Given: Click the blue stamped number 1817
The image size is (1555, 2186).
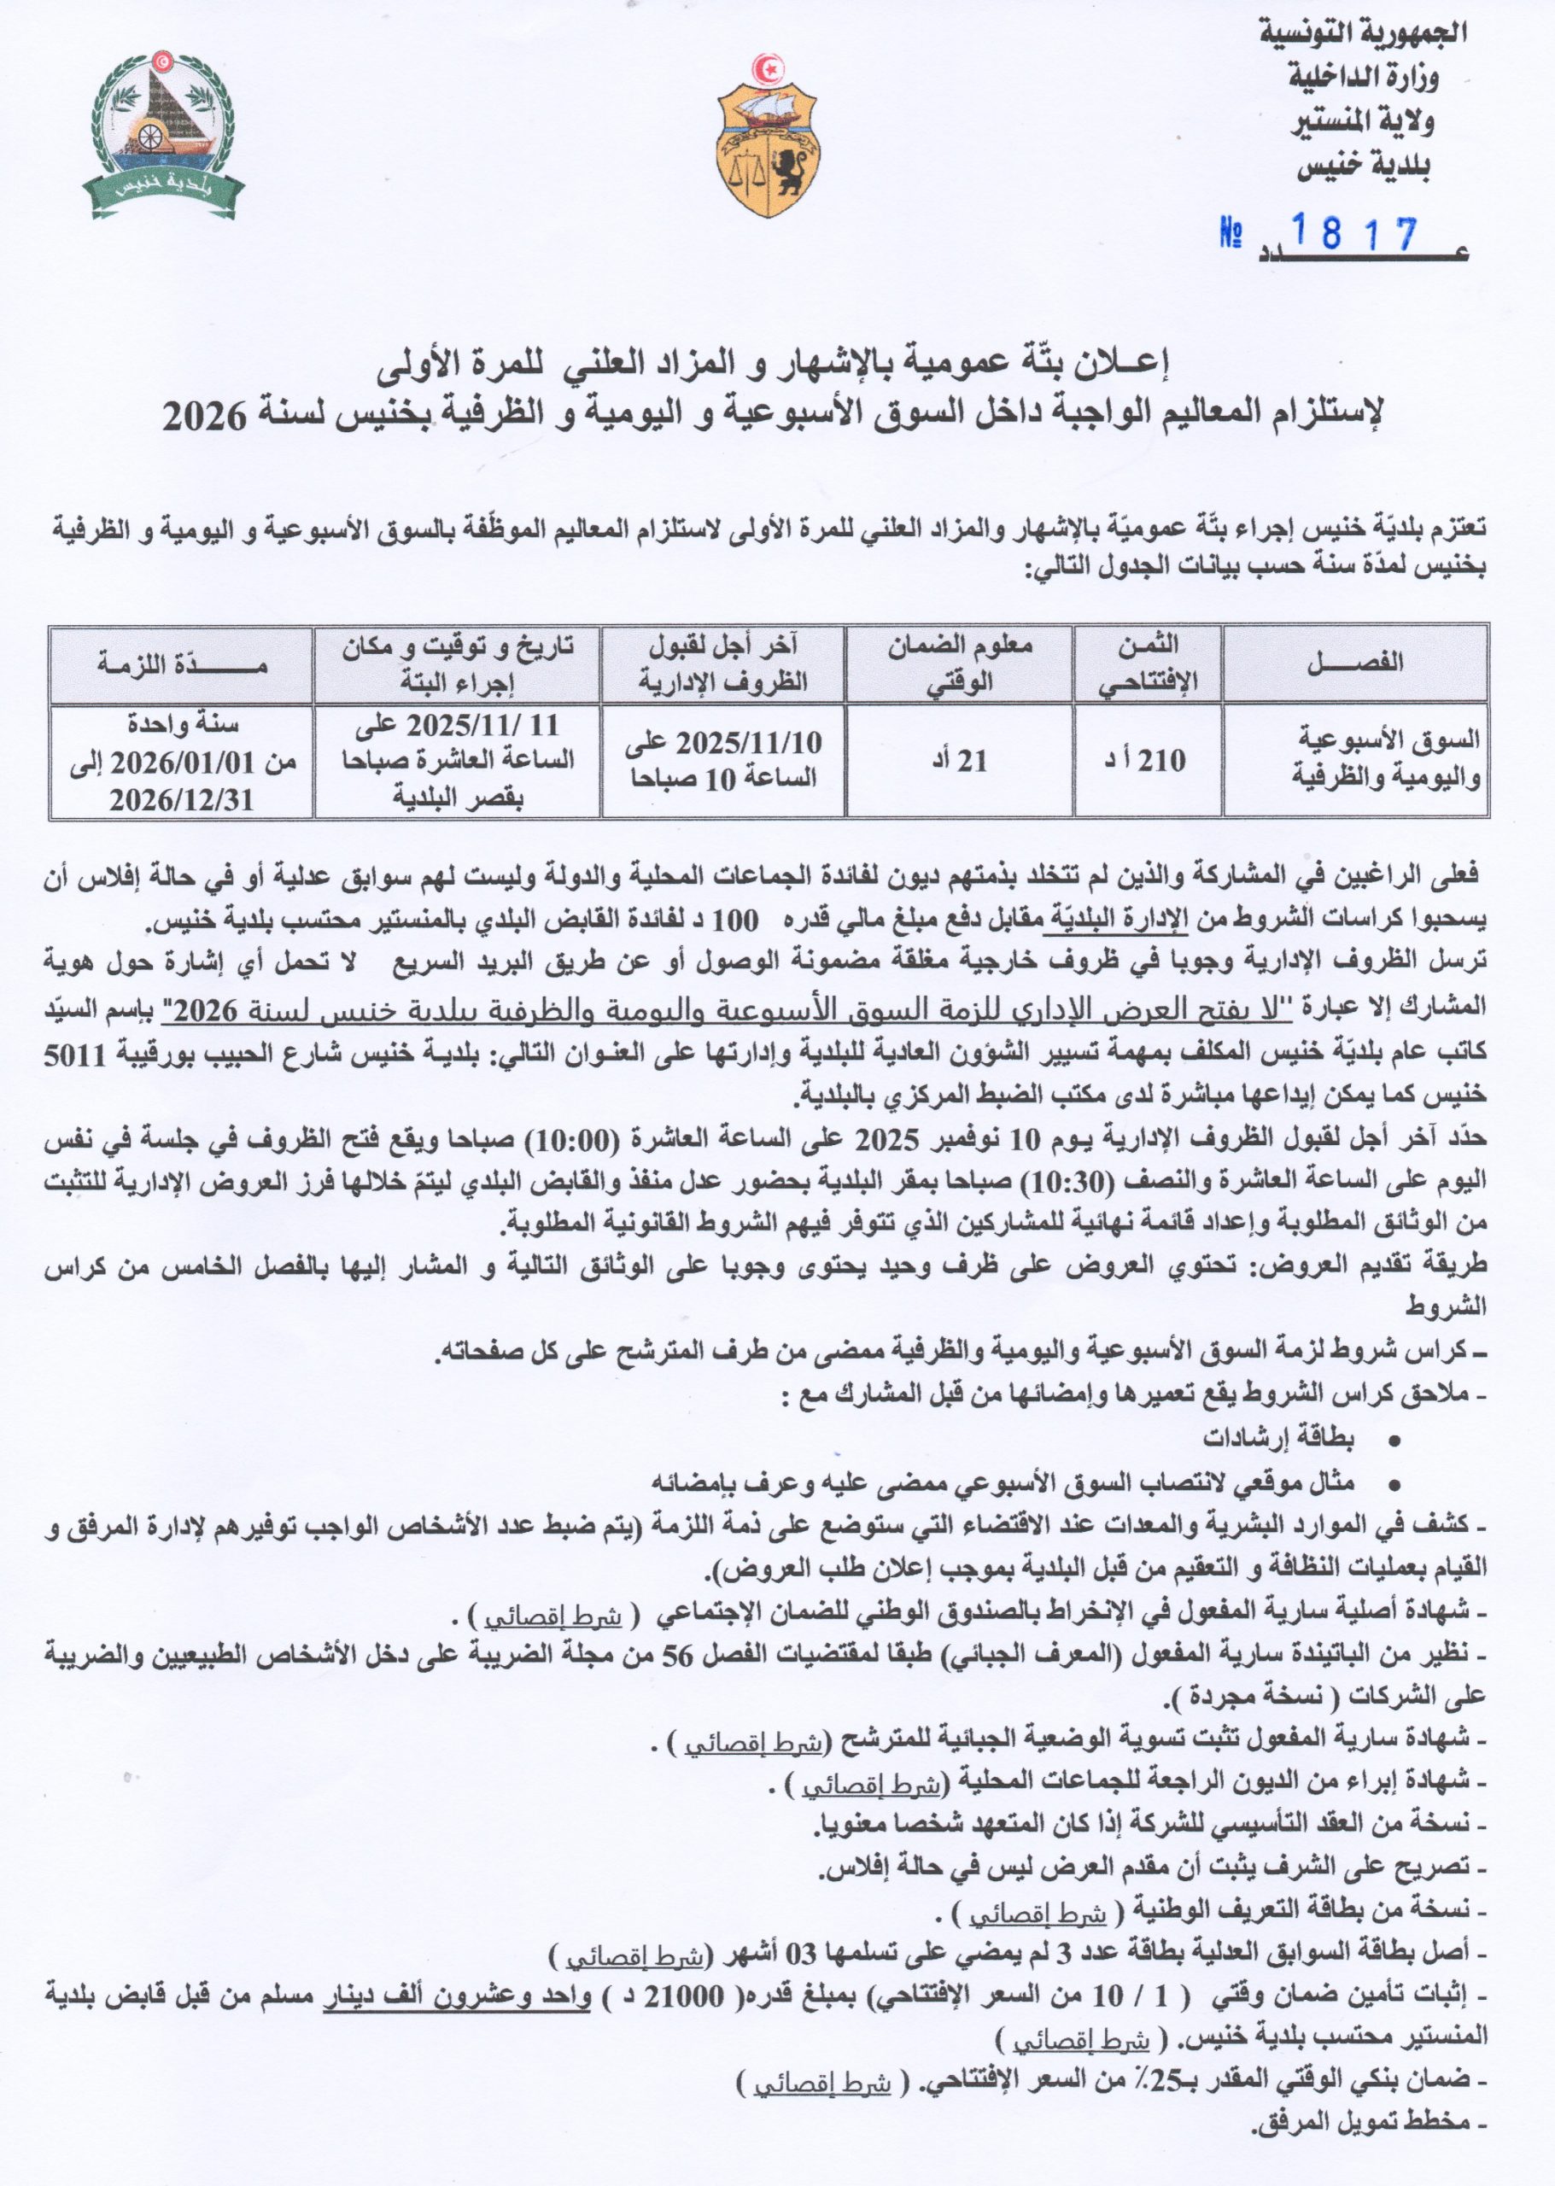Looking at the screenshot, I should coord(1354,232).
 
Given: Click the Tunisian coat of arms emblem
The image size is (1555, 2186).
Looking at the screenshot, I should coord(768,136).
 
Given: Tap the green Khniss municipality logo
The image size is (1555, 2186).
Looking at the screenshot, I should coord(163,131).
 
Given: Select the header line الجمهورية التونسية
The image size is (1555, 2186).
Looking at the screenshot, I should coord(1363,33).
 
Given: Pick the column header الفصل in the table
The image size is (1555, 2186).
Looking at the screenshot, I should coord(1356,663).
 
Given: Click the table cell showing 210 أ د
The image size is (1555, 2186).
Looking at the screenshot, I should coord(1148,761).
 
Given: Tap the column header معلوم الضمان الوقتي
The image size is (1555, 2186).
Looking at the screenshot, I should coord(960,663).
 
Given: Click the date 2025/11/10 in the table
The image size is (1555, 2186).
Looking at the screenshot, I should coord(750,743).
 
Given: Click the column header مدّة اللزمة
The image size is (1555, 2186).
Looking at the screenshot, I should coord(182,663).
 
